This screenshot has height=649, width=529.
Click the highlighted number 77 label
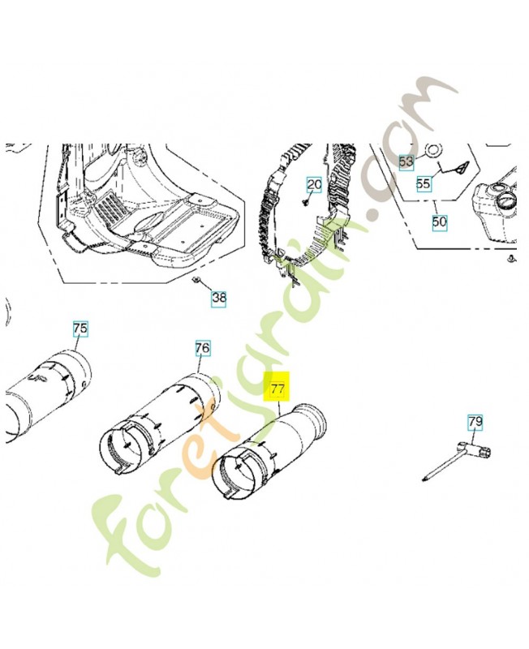(x=277, y=389)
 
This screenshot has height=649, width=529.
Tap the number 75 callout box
(x=80, y=329)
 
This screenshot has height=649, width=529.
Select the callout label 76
(x=202, y=348)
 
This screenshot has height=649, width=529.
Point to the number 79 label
(x=475, y=422)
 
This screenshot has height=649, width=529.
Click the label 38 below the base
(x=219, y=298)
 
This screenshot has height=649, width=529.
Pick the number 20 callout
(x=314, y=185)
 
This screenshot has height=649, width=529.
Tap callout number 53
(x=406, y=162)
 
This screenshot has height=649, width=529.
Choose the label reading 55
(x=424, y=184)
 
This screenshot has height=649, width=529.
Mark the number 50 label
(x=439, y=221)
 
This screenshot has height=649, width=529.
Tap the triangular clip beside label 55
(x=460, y=168)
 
